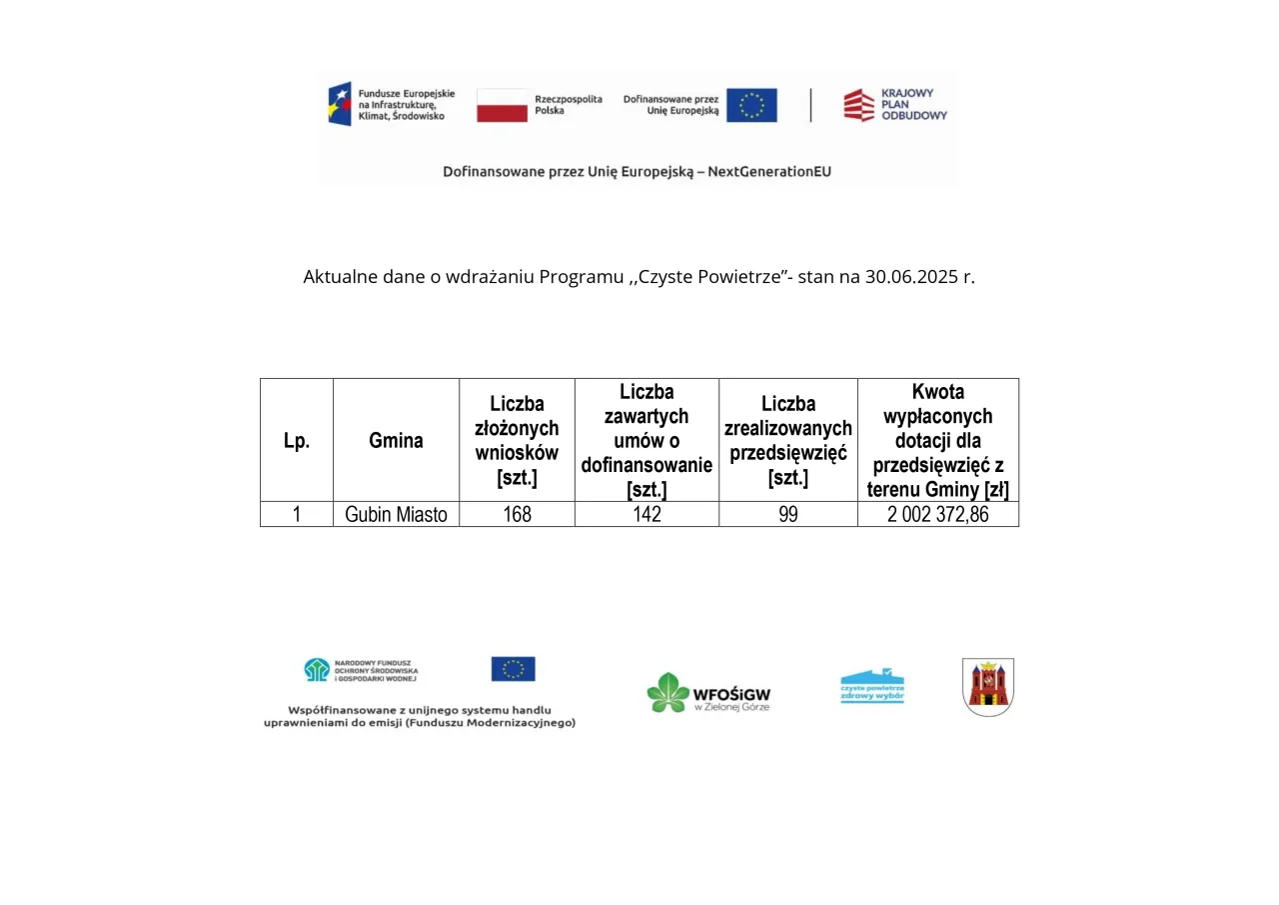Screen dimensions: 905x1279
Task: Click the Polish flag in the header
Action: pos(502,105)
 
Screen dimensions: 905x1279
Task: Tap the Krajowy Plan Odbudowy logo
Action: pos(858,105)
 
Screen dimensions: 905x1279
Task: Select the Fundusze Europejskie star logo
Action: pos(340,104)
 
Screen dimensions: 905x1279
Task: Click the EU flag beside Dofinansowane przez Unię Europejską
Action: pos(751,105)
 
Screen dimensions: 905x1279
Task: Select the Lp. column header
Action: pos(297,440)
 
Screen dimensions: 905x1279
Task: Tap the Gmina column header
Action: pos(396,440)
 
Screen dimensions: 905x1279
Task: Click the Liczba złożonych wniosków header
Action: pos(517,440)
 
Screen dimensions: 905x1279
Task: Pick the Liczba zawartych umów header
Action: pos(646,440)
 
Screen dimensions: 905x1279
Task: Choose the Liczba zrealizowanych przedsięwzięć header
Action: pos(788,440)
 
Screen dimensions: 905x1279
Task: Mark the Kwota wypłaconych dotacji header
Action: pos(938,440)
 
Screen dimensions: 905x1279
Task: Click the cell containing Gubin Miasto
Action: pos(396,515)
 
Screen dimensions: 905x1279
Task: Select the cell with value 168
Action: pos(517,515)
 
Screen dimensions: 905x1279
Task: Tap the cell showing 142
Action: pos(646,515)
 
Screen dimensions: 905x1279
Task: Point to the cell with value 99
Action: pos(788,515)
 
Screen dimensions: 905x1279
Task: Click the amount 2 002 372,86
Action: pos(938,515)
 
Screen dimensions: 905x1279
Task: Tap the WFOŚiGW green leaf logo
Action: pos(667,692)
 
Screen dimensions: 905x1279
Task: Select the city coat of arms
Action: pos(988,687)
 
